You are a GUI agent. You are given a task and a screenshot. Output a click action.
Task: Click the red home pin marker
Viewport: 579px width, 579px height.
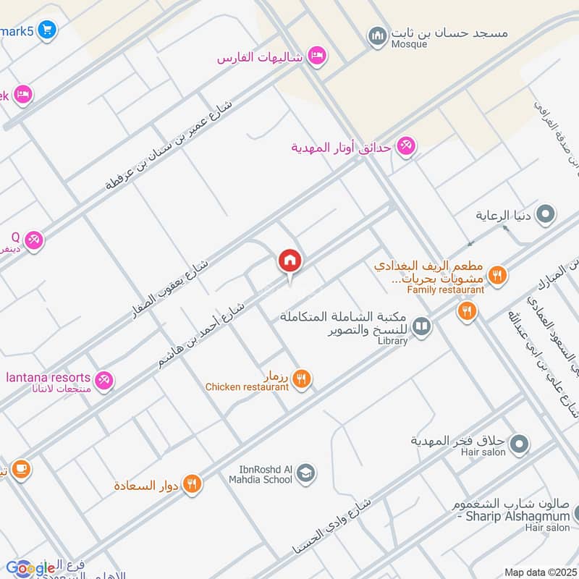pyautogui.click(x=290, y=261)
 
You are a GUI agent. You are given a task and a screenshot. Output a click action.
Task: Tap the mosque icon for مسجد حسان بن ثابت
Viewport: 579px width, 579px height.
pyautogui.click(x=377, y=35)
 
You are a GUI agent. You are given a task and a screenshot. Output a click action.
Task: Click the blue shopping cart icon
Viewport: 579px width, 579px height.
pyautogui.click(x=47, y=30)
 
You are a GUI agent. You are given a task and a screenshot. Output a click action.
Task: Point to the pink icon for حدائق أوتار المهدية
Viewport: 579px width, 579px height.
pyautogui.click(x=406, y=147)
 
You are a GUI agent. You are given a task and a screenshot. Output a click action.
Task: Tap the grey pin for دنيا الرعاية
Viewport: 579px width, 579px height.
pyautogui.click(x=547, y=215)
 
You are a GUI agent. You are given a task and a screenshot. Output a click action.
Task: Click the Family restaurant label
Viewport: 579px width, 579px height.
pyautogui.click(x=445, y=290)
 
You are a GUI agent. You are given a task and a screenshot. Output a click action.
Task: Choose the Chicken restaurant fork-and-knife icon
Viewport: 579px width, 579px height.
pyautogui.click(x=303, y=378)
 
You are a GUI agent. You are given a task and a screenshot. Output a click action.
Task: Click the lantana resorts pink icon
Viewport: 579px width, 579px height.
pyautogui.click(x=104, y=379)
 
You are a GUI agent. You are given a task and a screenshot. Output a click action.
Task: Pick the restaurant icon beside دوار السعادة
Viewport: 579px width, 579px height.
pyautogui.click(x=192, y=484)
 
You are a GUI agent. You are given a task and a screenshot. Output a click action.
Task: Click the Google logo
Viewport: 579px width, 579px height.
pyautogui.click(x=29, y=568)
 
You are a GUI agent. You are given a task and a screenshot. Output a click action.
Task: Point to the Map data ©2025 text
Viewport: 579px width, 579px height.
pyautogui.click(x=538, y=572)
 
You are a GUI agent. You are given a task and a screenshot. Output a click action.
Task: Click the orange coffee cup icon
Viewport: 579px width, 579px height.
pyautogui.click(x=20, y=470)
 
